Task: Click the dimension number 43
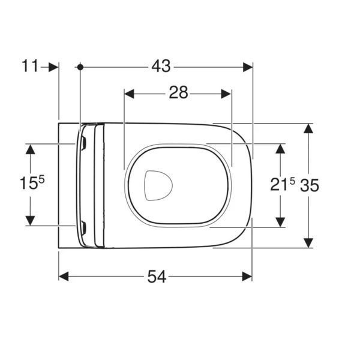click(161, 66)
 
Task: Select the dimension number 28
click(178, 92)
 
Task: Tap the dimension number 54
click(157, 277)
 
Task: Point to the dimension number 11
click(30, 66)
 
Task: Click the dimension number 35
click(310, 185)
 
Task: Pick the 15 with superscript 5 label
click(32, 182)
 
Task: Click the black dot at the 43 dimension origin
click(80, 67)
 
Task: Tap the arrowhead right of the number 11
click(53, 67)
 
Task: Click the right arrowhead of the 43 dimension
click(248, 67)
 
